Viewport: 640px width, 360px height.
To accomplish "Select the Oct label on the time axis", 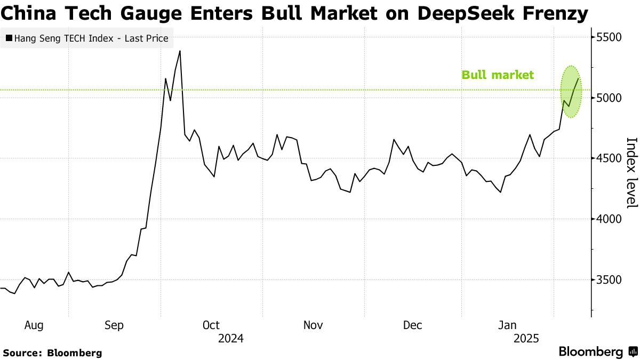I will coord(211,325).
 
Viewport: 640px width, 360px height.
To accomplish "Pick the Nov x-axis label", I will coord(313,325).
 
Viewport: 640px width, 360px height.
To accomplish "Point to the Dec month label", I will coord(412,325).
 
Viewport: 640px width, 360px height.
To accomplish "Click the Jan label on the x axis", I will coord(507,325).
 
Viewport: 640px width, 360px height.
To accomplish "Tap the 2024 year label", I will coord(231,339).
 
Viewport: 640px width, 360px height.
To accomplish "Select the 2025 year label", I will coord(526,339).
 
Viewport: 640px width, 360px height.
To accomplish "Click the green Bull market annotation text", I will coord(497,75).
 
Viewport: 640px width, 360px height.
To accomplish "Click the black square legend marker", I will coord(9,38).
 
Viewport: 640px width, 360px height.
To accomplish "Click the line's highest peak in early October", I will coord(180,51).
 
